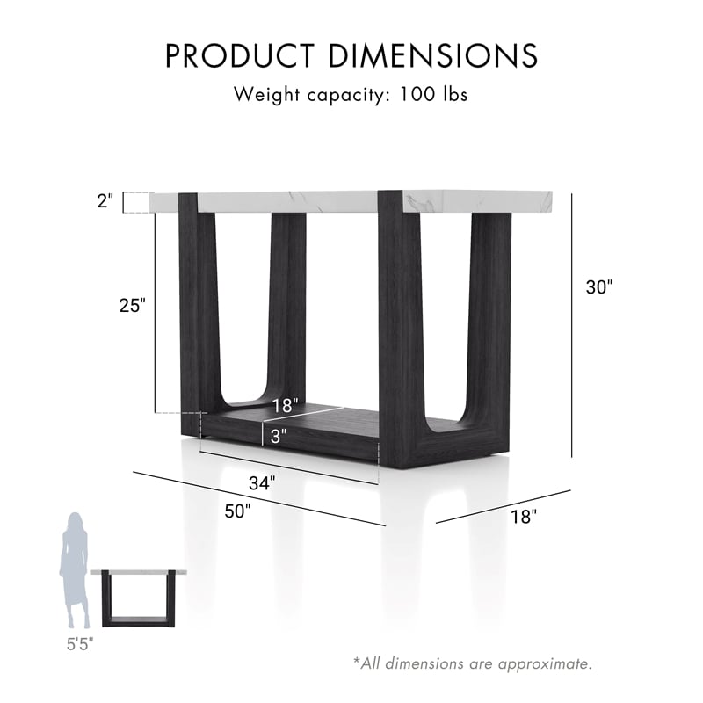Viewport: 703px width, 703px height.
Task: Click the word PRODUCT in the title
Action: pos(240,55)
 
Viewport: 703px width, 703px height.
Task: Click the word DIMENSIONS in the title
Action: pos(433,55)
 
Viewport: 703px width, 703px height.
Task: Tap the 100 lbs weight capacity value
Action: pos(433,94)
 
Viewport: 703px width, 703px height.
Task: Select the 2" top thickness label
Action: pos(105,201)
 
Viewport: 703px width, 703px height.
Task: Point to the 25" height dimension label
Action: pos(133,306)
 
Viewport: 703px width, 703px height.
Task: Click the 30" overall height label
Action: pos(598,287)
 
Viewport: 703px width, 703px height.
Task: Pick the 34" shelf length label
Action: pos(262,483)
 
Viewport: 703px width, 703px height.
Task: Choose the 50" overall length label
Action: pos(237,511)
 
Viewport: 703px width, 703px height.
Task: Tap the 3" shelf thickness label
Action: pos(279,436)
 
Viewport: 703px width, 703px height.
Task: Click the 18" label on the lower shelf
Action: pos(285,406)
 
